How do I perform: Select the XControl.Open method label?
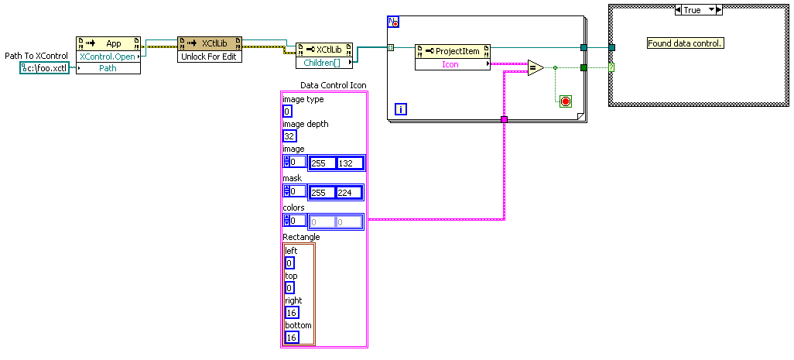coord(108,57)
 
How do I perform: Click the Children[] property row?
coord(324,61)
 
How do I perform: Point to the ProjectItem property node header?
coord(453,51)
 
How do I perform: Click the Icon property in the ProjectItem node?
coord(450,64)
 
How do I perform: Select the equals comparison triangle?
coord(536,68)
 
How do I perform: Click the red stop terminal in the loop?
coord(565,101)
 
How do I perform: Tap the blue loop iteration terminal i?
coord(401,109)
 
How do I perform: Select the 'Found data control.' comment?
coord(685,43)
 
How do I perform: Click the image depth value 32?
coord(290,136)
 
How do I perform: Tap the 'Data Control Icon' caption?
coord(333,85)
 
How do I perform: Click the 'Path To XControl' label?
coord(36,56)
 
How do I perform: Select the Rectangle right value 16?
coord(292,313)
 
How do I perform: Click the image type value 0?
coord(287,111)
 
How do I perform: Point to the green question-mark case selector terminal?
coord(611,68)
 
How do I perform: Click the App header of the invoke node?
coord(113,43)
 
